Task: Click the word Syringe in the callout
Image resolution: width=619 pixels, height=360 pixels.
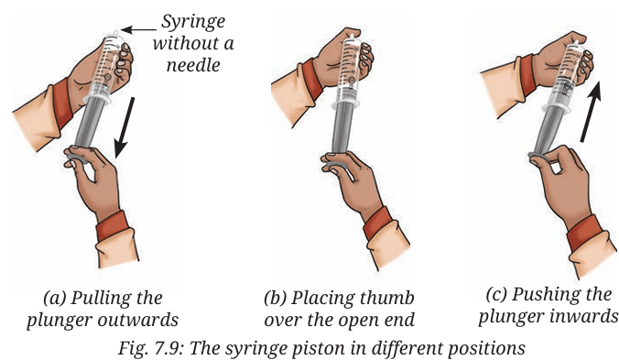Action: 193,23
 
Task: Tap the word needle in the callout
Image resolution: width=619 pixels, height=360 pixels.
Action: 193,65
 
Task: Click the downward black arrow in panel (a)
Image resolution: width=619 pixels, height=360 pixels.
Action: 125,127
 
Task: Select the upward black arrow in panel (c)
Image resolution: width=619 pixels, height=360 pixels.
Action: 592,112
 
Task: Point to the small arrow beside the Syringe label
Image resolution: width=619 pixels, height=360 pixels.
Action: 138,29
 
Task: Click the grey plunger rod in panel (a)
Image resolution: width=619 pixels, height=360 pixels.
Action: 90,123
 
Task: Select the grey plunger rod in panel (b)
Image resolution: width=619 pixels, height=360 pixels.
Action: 342,128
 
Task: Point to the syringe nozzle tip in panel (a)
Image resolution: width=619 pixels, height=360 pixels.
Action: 115,33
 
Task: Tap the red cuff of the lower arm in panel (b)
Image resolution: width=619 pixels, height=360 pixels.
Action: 378,223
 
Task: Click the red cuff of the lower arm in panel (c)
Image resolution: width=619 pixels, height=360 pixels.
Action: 584,233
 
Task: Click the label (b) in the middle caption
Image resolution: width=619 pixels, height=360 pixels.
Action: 275,299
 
